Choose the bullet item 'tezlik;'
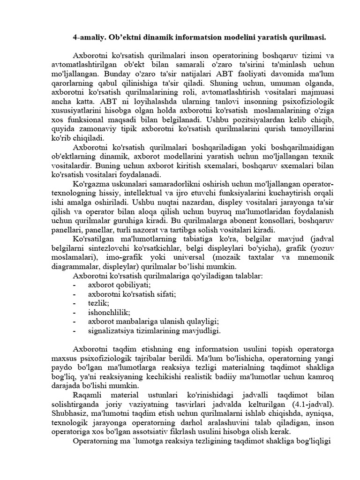point(98,303)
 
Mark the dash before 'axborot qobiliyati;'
point(75,285)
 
